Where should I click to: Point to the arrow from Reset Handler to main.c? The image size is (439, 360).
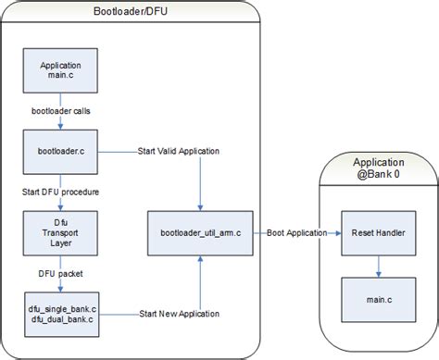click(x=378, y=264)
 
